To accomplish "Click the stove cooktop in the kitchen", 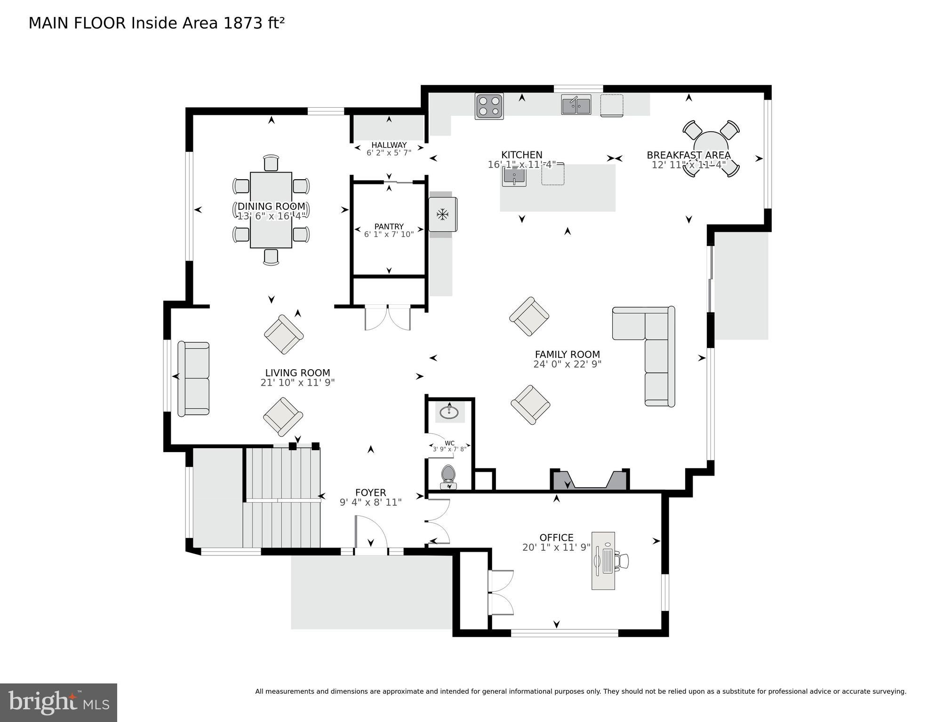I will pos(489,106).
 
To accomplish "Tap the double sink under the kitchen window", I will pos(576,104).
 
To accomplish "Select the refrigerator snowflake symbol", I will pos(442,214).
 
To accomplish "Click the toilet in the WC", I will pos(448,476).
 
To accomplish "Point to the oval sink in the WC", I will pos(449,413).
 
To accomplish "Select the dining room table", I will pos(271,210).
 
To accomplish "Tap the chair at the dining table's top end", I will pos(271,163).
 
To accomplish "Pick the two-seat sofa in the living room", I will pos(193,379).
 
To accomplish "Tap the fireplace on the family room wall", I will pos(590,481).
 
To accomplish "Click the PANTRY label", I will pos(389,227).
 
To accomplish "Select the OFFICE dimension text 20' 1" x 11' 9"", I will pos(556,547).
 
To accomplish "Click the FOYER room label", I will pos(370,492).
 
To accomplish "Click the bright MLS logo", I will pos(58,702).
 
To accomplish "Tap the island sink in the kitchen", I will pos(514,176).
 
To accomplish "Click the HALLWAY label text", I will pos(389,145).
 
